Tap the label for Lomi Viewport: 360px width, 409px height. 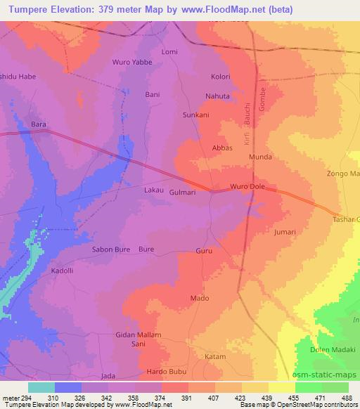coord(169,52)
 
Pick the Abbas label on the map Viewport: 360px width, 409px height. coord(222,148)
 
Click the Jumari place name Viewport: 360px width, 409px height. coord(285,231)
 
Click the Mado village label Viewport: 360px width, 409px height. coord(200,299)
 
